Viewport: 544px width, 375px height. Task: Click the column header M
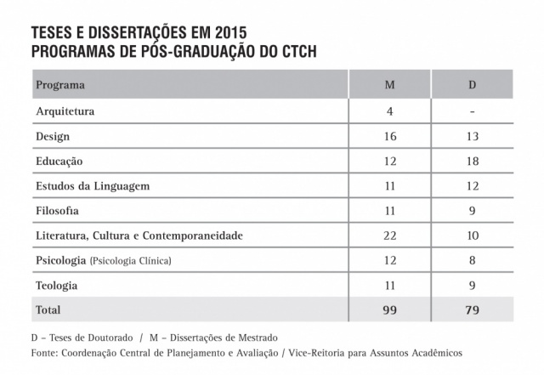coord(389,87)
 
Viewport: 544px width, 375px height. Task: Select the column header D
coord(473,87)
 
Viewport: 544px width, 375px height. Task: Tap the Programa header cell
coord(60,87)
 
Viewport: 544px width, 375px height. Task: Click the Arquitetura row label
coord(65,111)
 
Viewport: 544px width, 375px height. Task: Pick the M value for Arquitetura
coord(389,111)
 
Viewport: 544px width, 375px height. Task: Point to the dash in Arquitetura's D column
coord(473,112)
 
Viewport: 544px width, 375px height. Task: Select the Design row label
coord(53,136)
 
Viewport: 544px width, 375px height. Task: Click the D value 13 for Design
coord(473,136)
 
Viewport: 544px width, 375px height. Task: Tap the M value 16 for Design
coord(389,136)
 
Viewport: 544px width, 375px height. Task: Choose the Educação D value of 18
coord(473,161)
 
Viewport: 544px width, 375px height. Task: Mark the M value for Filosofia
coord(389,210)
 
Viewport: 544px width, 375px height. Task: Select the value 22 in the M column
coord(389,235)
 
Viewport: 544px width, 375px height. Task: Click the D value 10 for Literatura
coord(473,235)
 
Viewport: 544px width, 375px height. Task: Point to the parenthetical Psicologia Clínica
coord(130,260)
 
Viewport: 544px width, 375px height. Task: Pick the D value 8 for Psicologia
coord(473,259)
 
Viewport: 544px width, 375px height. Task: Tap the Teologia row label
coord(57,285)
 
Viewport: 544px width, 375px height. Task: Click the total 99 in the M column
coord(389,310)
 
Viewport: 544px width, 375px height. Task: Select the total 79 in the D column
coord(473,310)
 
